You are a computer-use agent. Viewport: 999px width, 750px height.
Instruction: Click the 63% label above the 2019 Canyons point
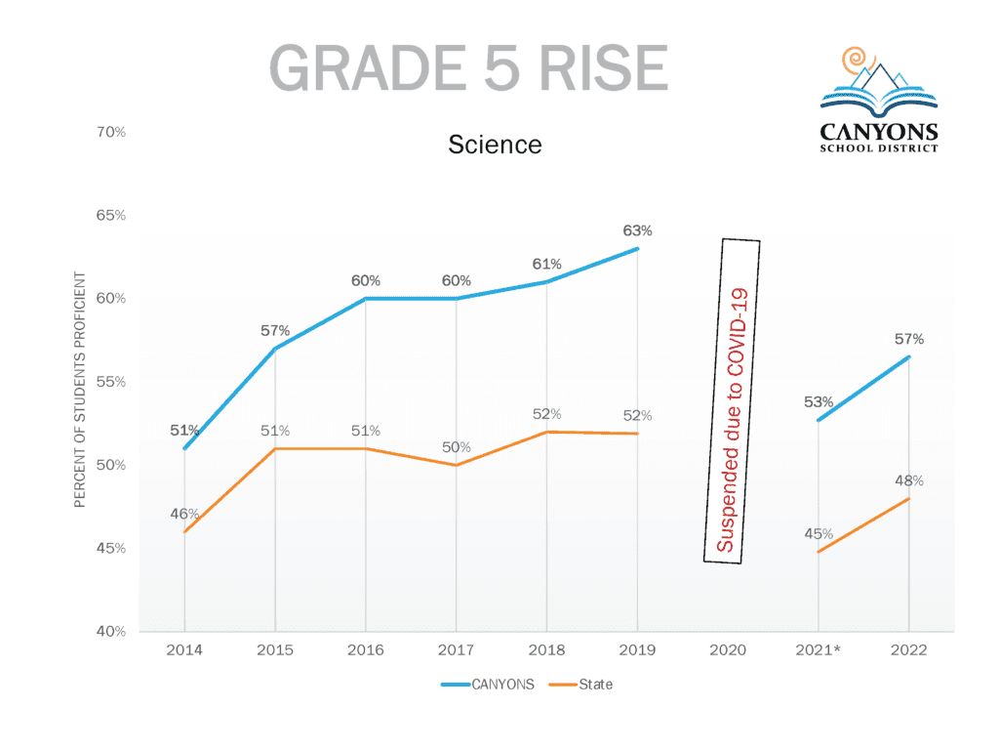click(637, 231)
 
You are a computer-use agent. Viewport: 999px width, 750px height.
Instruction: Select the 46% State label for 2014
click(184, 515)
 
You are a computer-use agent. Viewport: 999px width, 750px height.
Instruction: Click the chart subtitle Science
click(495, 145)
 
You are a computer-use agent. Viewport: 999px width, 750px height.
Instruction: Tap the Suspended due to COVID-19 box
click(732, 401)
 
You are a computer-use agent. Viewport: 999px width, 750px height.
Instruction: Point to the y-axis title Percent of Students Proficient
click(81, 390)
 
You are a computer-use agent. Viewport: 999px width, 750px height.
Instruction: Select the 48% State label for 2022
click(909, 481)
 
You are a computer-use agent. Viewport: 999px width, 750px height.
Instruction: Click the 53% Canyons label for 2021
click(819, 402)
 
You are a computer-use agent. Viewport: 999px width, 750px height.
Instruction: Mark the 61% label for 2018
click(546, 265)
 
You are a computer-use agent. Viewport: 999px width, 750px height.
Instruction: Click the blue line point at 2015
click(275, 349)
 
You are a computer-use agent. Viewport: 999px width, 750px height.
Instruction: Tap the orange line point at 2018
click(546, 432)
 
